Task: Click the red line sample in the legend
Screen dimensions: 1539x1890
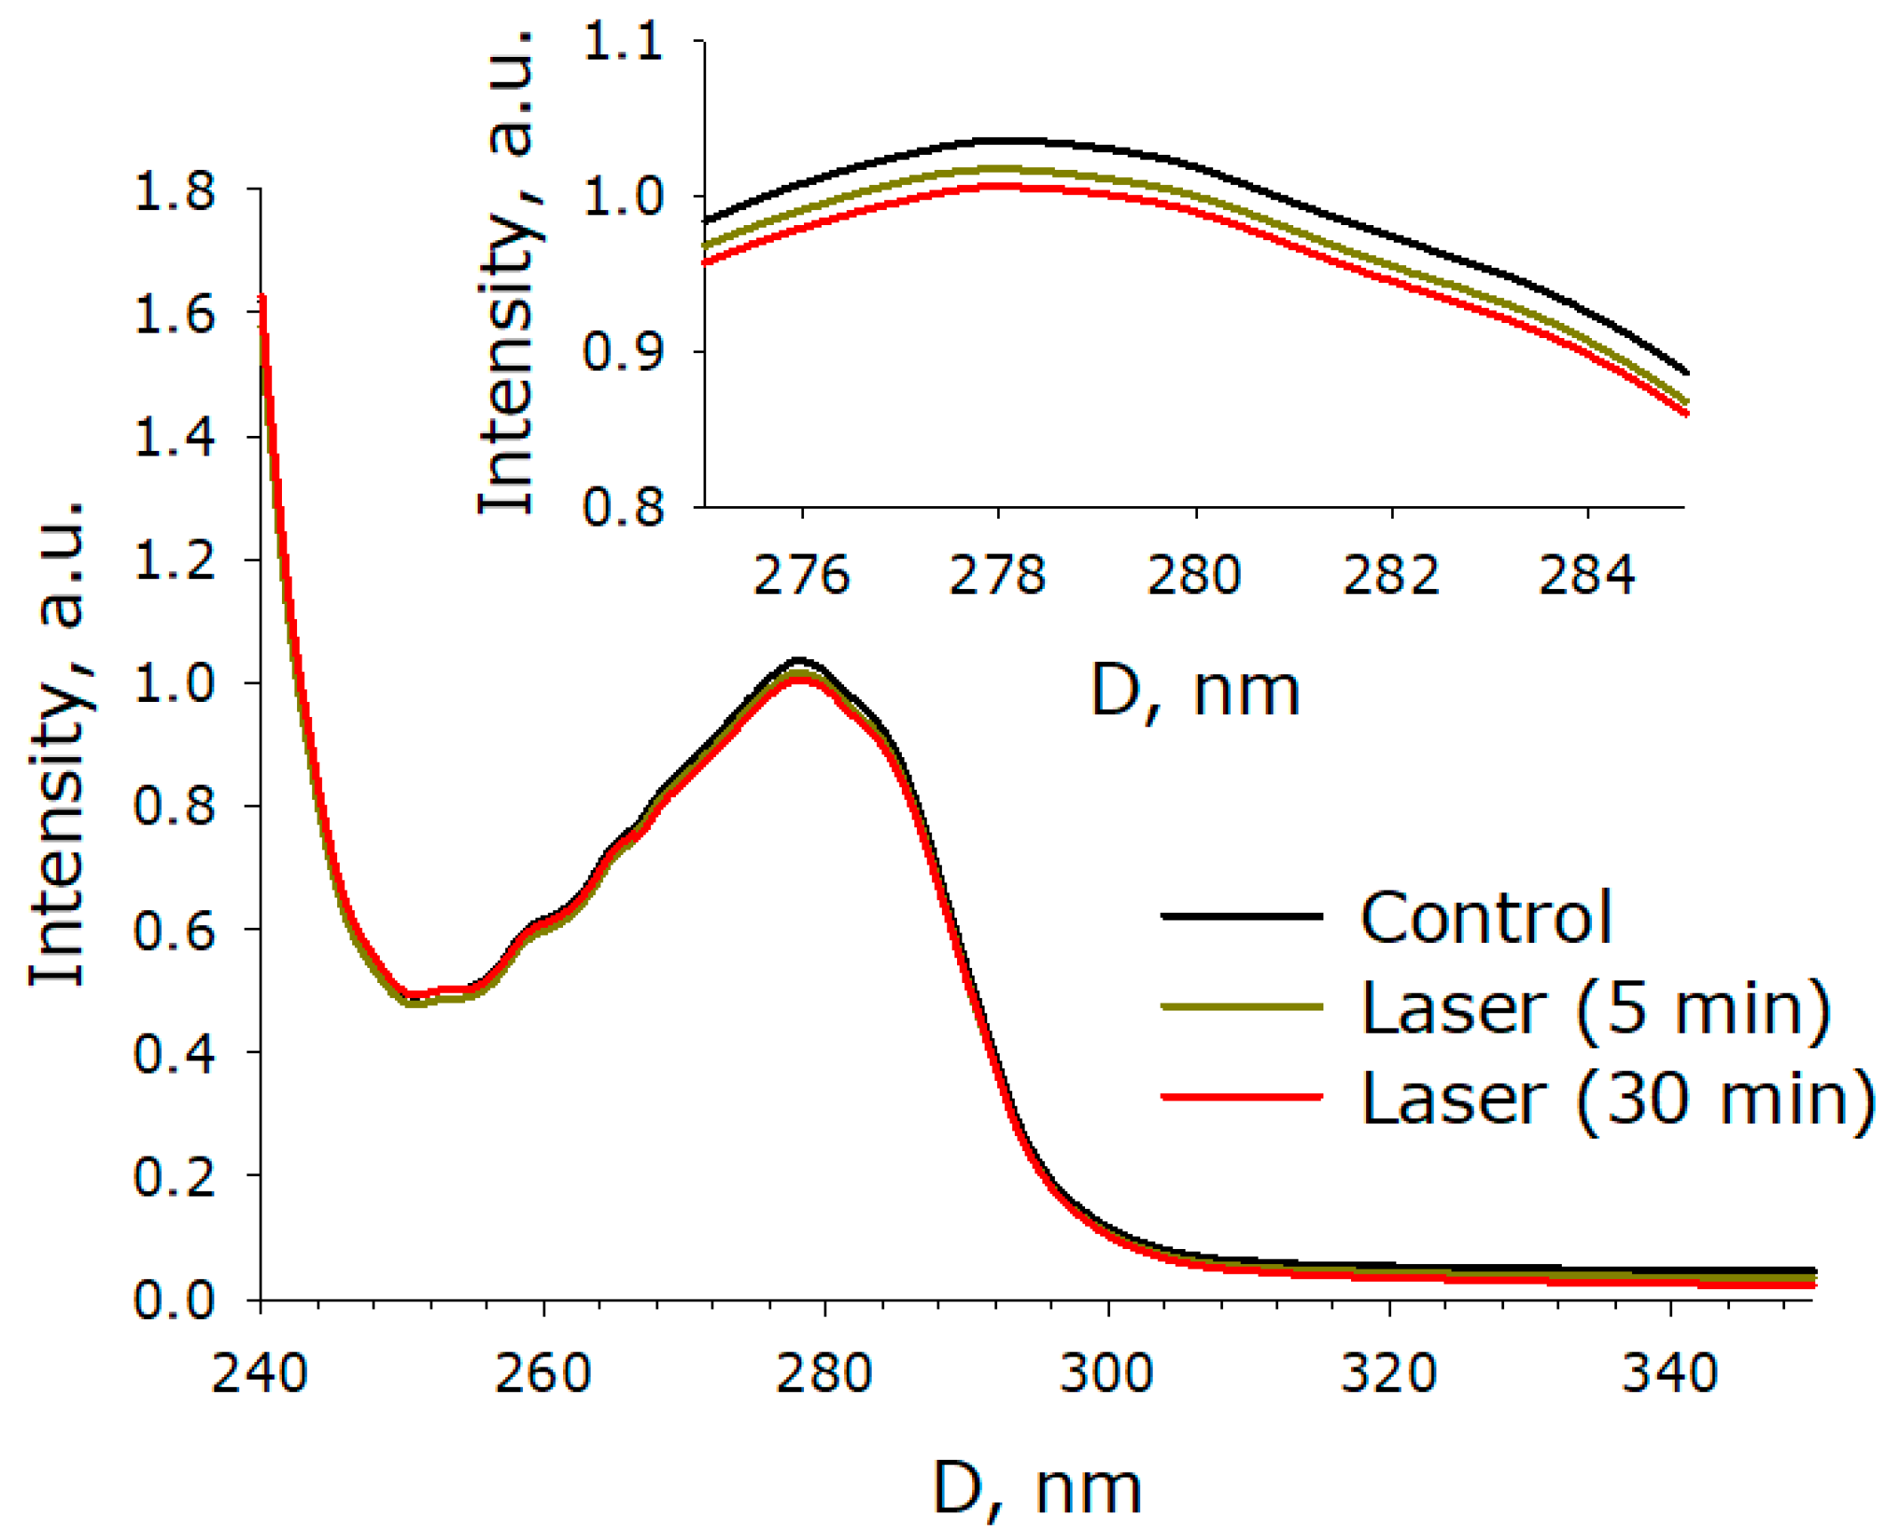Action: point(1242,1097)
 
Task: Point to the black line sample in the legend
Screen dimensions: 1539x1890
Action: point(1242,915)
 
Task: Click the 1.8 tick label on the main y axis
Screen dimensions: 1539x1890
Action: point(174,191)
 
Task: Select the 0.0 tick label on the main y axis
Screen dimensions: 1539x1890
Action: point(174,1300)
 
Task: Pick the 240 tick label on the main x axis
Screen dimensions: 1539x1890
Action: point(259,1374)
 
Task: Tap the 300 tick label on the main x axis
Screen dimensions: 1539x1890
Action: point(1106,1374)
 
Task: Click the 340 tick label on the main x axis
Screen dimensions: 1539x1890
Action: point(1669,1374)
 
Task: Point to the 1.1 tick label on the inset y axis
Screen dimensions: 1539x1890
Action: point(623,42)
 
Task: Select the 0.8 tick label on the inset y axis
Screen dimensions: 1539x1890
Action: point(623,507)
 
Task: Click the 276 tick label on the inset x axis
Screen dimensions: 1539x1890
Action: point(801,576)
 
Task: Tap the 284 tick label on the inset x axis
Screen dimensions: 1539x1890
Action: point(1587,576)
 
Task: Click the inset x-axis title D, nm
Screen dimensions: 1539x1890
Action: point(1194,692)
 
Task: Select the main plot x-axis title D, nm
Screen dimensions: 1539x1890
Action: point(1037,1490)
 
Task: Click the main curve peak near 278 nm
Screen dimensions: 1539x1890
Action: point(800,662)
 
